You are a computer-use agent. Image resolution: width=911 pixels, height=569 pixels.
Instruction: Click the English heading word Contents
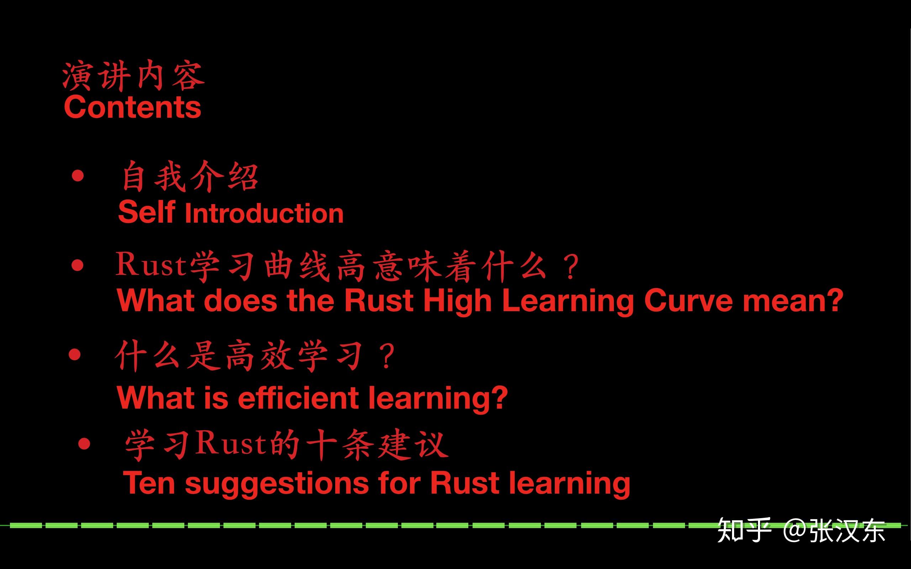132,107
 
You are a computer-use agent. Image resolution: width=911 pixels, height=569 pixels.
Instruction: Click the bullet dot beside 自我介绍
78,176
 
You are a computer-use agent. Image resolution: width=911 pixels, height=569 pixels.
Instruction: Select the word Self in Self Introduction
147,212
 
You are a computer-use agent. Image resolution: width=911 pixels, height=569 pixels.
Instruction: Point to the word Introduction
264,213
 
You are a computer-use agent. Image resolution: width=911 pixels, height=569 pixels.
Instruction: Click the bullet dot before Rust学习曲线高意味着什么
78,265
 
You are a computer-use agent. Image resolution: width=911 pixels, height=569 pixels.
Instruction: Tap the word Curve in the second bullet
688,301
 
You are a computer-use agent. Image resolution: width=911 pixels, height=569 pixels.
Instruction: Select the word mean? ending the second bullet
793,301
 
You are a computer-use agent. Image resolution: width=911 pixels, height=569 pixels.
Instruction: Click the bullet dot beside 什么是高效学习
75,355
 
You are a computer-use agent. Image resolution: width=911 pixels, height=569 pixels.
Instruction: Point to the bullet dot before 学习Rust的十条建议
84,444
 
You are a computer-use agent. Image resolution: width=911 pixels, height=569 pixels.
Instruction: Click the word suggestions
277,484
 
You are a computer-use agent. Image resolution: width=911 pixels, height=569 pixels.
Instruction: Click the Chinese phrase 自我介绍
190,177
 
